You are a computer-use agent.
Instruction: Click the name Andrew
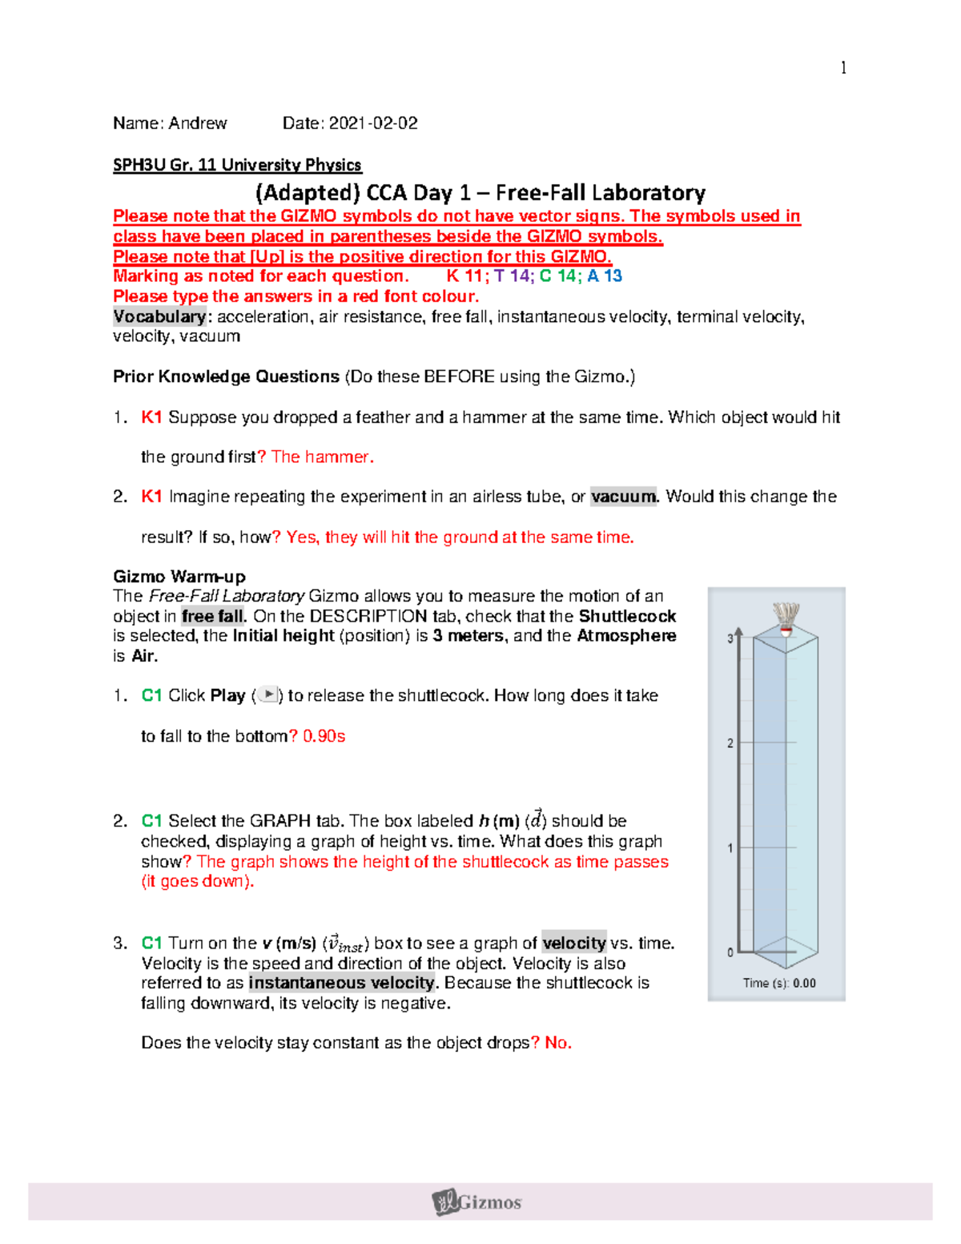198,123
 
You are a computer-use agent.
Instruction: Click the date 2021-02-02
372,123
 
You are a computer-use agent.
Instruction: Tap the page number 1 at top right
843,68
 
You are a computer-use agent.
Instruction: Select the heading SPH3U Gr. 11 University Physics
237,165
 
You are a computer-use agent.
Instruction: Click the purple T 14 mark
512,276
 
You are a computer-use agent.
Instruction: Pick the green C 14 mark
558,276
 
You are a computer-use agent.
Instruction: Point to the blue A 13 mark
605,276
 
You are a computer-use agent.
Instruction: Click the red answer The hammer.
322,457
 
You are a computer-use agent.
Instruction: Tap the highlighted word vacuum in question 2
624,497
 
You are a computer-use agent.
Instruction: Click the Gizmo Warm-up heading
179,577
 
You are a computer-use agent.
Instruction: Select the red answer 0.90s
324,736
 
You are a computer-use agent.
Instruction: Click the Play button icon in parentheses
268,695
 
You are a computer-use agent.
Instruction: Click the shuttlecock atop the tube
786,618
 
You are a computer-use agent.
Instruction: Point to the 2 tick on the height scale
730,743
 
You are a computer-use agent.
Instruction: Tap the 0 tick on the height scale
730,952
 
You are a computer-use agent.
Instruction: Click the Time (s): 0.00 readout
778,983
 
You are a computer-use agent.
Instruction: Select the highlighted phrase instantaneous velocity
342,983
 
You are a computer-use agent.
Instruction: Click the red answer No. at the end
558,1043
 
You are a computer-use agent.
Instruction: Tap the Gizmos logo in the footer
478,1202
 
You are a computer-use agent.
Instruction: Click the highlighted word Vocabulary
159,316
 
